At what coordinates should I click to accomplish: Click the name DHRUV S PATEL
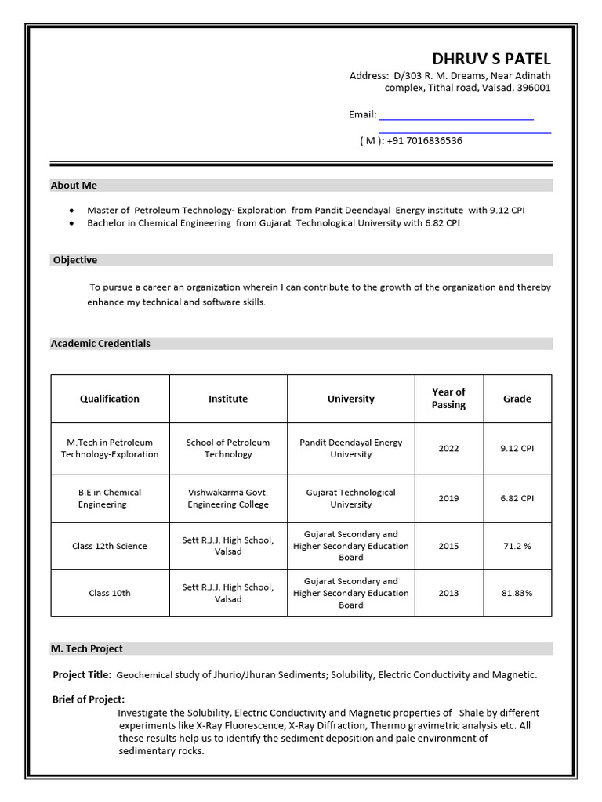pyautogui.click(x=491, y=60)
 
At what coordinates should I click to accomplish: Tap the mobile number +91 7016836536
pyautogui.click(x=424, y=141)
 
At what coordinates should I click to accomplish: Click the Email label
pyautogui.click(x=362, y=114)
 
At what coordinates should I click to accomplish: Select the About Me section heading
pyautogui.click(x=74, y=186)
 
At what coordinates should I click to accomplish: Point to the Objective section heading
pyautogui.click(x=75, y=260)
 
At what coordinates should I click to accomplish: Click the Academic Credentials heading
pyautogui.click(x=100, y=344)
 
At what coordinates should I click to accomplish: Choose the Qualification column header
pyautogui.click(x=110, y=399)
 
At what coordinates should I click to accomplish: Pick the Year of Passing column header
pyautogui.click(x=448, y=399)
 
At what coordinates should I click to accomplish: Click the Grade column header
pyautogui.click(x=517, y=399)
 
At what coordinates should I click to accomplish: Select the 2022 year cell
pyautogui.click(x=448, y=449)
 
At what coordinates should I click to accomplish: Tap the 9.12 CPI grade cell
pyautogui.click(x=517, y=449)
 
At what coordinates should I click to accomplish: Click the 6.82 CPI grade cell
pyautogui.click(x=517, y=499)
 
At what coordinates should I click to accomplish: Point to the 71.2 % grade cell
pyautogui.click(x=517, y=546)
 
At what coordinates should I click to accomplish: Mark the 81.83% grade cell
pyautogui.click(x=517, y=594)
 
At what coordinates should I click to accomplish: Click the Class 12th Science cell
pyautogui.click(x=110, y=546)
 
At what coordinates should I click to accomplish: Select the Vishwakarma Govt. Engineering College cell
pyautogui.click(x=228, y=499)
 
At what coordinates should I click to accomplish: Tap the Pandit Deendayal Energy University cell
pyautogui.click(x=350, y=449)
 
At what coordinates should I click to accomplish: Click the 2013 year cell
pyautogui.click(x=448, y=594)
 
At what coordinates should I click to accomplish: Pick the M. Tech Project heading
pyautogui.click(x=86, y=649)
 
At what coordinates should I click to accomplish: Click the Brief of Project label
pyautogui.click(x=89, y=699)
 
